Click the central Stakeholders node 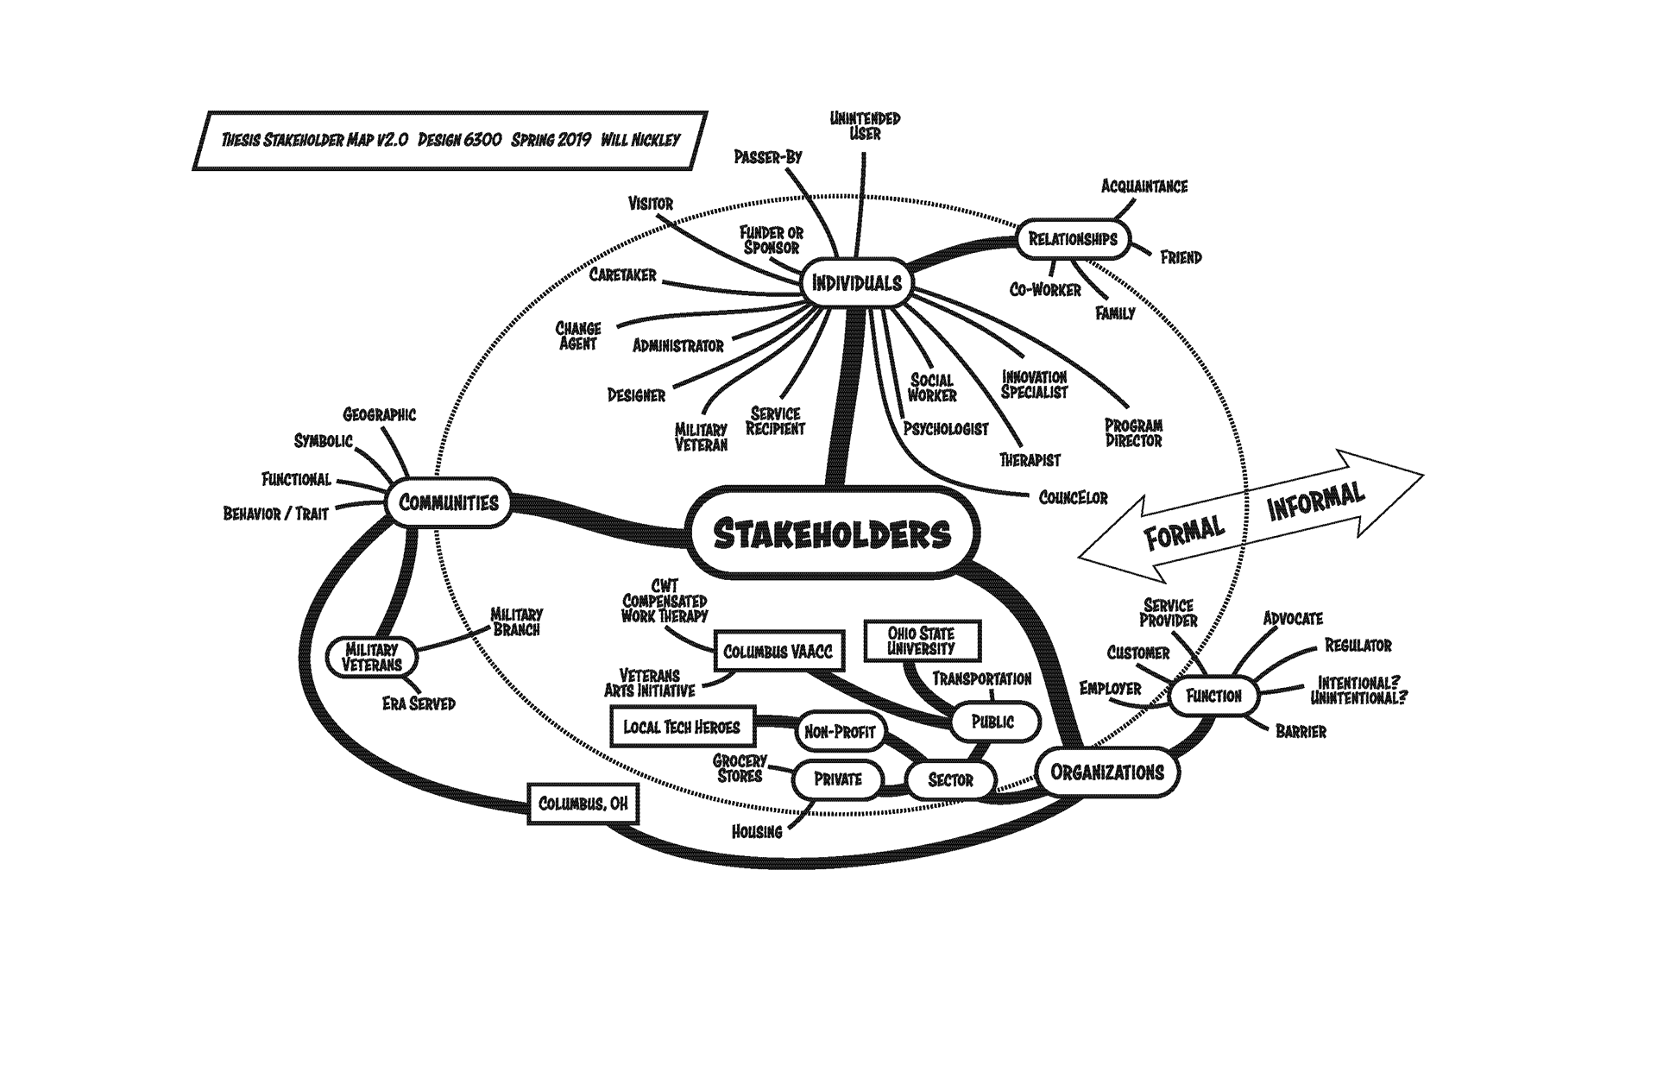coord(834,534)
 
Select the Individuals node coord(856,283)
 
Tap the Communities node coord(448,502)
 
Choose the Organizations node coord(1106,772)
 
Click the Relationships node coord(1073,239)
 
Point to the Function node coord(1213,696)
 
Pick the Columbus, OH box coord(583,804)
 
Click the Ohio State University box coord(921,641)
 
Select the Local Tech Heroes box coord(682,727)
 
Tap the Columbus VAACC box coord(778,652)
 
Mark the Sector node coord(950,780)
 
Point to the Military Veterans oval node coord(372,658)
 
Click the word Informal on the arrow coord(1315,500)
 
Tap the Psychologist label coord(945,429)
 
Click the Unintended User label coord(865,126)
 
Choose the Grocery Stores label coord(740,768)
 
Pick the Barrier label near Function coord(1301,732)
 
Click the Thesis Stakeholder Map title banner coord(450,140)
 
